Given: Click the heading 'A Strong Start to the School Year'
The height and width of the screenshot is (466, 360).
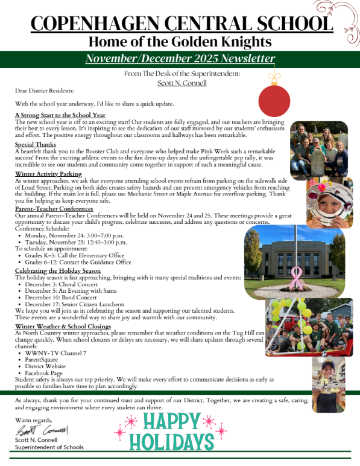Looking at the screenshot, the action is click(x=60, y=115).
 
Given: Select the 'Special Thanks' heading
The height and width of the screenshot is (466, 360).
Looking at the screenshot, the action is click(x=36, y=145).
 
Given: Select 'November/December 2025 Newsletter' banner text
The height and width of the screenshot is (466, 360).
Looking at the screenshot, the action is click(x=180, y=59).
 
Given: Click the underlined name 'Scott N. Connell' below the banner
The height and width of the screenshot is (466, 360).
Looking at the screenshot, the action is click(x=182, y=82).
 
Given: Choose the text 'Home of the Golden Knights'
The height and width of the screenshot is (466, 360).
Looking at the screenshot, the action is click(x=180, y=42).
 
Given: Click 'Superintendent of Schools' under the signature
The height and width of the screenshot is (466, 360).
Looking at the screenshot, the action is click(x=49, y=447).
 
